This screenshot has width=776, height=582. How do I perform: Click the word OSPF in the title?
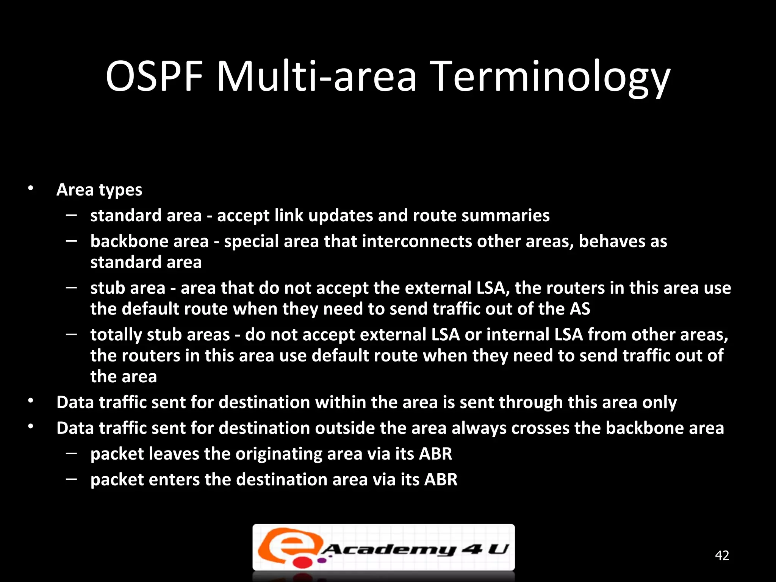point(154,77)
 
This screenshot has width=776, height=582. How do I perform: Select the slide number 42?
point(722,555)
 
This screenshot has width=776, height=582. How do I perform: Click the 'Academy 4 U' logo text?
point(415,549)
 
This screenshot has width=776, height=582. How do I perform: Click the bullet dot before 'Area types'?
point(31,188)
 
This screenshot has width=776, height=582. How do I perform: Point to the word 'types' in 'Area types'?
point(120,190)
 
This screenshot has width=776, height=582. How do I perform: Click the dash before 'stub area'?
point(71,288)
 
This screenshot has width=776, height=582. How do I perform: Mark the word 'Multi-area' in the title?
point(316,77)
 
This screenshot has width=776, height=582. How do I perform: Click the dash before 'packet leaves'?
point(71,453)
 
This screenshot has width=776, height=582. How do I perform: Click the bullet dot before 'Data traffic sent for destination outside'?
point(31,427)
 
